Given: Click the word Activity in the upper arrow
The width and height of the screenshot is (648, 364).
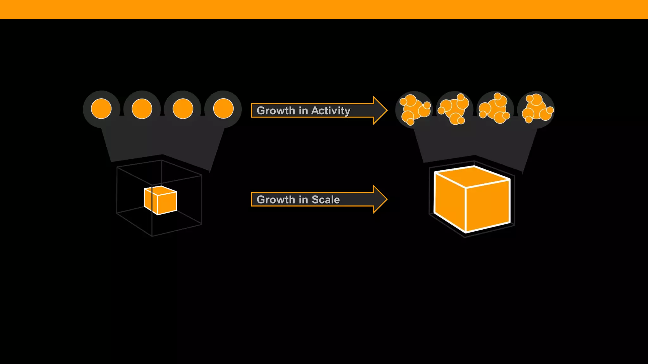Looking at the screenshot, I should pos(331,111).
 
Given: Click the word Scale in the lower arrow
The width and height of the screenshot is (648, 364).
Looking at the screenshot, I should pos(326,200).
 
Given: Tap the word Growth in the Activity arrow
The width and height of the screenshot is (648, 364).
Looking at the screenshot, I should pos(276,111).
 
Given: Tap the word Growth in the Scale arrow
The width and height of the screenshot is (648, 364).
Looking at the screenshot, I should pos(276,200).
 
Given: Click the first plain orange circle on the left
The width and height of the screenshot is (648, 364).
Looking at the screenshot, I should pos(101,109).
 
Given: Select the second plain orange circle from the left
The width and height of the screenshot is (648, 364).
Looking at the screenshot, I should pos(142,109).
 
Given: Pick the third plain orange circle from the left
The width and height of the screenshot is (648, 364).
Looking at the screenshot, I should pos(183,109).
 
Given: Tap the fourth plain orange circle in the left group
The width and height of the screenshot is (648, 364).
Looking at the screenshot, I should pos(223,109).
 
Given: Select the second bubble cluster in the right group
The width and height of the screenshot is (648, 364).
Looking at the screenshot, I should pos(455,109).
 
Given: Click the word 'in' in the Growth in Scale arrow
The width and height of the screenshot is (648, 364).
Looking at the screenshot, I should pos(303,200).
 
